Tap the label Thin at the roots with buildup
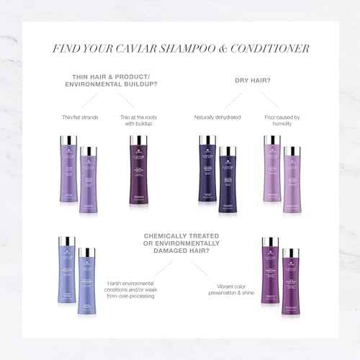click(x=137, y=120)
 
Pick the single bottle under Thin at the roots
click(x=137, y=176)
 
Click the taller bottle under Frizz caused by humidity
click(x=272, y=173)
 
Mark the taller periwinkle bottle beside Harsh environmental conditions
click(x=67, y=274)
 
